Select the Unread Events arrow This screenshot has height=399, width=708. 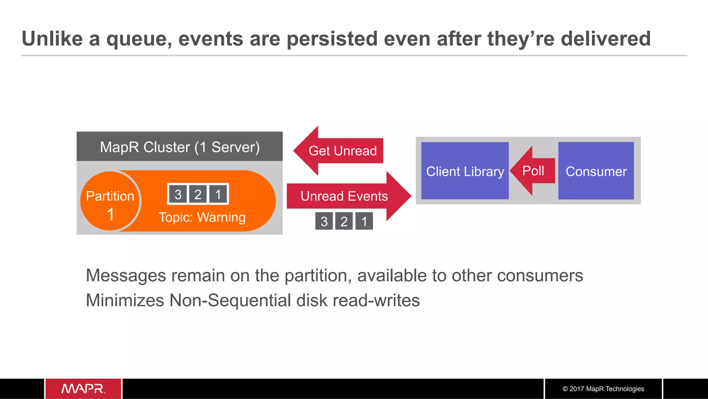(346, 196)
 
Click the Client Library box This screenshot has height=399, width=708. (465, 171)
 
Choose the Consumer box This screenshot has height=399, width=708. (596, 171)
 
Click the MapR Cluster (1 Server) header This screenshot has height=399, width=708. (179, 147)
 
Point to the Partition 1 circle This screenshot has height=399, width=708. (110, 201)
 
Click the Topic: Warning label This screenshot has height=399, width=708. (202, 217)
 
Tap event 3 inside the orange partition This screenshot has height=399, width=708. (178, 194)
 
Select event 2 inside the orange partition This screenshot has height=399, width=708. (198, 194)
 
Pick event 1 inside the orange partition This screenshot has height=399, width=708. (218, 194)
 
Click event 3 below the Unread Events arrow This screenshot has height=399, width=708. (324, 221)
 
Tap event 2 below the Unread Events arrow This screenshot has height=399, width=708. (344, 221)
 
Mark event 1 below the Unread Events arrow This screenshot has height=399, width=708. (364, 221)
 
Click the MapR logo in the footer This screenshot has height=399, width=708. (83, 389)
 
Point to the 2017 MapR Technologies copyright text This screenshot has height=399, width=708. (603, 389)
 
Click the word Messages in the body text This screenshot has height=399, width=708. (126, 276)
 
